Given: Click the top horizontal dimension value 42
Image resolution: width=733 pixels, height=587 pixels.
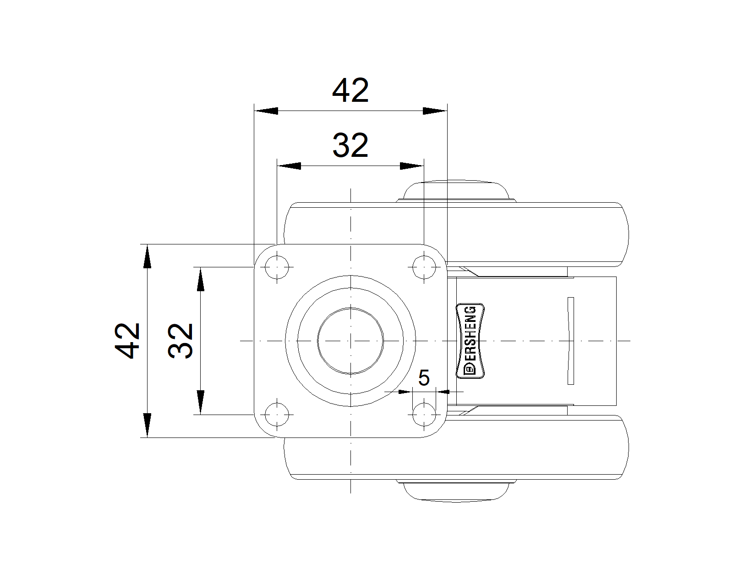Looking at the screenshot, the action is (350, 90).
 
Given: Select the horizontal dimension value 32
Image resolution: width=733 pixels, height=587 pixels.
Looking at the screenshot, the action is (350, 145).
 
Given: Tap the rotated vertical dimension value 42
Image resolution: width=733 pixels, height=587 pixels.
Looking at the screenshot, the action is (127, 341).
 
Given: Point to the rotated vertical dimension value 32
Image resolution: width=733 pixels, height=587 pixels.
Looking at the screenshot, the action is (181, 341).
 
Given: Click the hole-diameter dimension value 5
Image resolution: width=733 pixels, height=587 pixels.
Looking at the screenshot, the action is (424, 377).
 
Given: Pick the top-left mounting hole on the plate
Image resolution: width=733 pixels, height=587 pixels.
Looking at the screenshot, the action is (277, 267).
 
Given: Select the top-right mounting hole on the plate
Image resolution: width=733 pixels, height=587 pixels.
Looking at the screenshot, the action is (424, 267).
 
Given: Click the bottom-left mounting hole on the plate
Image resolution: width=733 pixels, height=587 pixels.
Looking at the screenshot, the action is (277, 415).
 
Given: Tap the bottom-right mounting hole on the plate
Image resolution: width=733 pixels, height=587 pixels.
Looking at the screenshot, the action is (424, 415).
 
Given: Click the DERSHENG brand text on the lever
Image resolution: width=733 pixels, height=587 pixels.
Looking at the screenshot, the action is (470, 341).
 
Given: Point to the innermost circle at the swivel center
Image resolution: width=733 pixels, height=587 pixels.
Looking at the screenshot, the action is (350, 341).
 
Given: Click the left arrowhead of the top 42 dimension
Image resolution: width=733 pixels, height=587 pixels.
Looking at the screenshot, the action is (266, 111).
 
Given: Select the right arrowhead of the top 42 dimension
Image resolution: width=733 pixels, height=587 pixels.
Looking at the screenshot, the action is (435, 111).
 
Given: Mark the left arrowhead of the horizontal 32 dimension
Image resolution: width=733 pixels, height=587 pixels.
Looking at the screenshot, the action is (289, 166).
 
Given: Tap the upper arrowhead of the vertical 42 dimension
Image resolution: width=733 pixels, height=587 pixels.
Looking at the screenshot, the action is (147, 256).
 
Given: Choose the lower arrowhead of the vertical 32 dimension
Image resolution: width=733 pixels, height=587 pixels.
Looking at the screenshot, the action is (201, 403).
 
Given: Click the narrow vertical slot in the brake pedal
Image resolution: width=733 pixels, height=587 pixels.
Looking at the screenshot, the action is (571, 341).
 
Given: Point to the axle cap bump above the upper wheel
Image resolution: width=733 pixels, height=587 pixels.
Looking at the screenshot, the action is (456, 191).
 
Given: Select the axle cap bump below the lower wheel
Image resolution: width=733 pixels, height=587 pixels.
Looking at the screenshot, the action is (456, 491).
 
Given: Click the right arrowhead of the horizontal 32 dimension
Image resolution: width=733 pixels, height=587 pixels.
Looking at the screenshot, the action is (412, 166).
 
